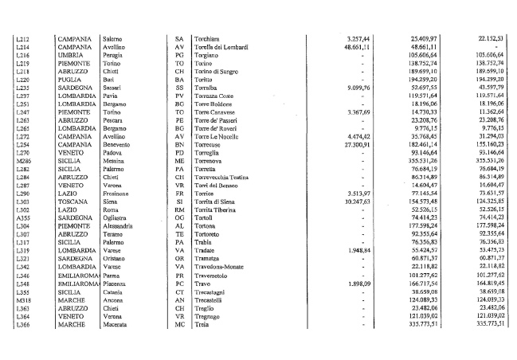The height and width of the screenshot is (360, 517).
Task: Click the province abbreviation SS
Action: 179,86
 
